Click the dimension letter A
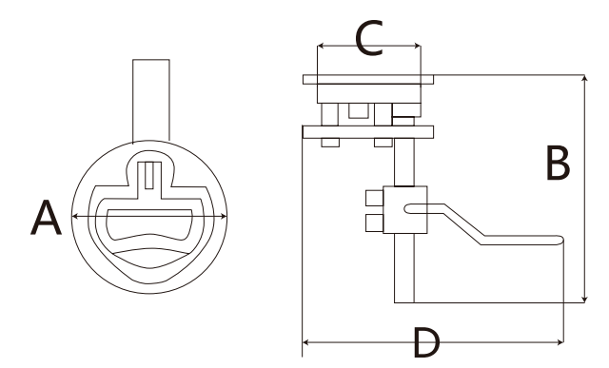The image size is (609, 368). [46, 218]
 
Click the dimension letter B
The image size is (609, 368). [558, 163]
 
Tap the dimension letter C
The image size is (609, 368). [369, 38]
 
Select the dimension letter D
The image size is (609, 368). [426, 342]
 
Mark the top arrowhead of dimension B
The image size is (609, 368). [584, 78]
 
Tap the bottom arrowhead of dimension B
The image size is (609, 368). [584, 299]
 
